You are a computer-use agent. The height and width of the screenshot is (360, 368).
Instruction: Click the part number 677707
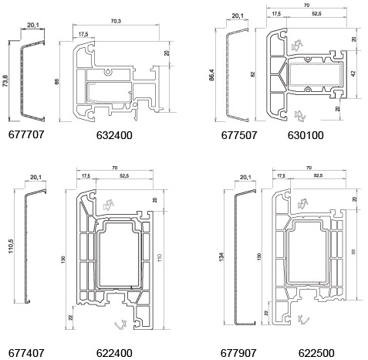click(x=26, y=134)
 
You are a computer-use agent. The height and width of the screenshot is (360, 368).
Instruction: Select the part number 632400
click(x=114, y=135)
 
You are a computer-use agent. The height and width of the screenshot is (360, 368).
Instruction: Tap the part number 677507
click(x=239, y=135)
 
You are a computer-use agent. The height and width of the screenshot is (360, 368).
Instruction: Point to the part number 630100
click(x=306, y=135)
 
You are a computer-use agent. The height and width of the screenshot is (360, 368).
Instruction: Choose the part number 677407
click(x=26, y=353)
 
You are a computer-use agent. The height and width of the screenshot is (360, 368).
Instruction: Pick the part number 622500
click(x=316, y=353)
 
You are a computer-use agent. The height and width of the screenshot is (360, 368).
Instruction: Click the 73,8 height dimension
click(x=5, y=81)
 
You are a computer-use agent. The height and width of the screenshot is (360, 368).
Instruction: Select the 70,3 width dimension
click(x=116, y=21)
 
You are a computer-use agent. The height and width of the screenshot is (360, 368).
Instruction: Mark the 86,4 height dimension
click(x=211, y=75)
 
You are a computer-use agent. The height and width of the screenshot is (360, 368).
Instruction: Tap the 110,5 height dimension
click(x=11, y=246)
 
